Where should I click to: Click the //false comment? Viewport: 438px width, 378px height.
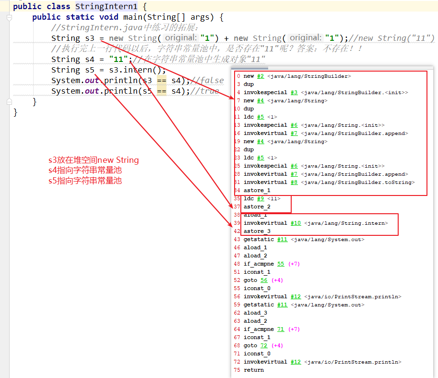pyautogui.click(x=209, y=80)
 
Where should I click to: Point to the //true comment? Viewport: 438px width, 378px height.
pyautogui.click(x=207, y=91)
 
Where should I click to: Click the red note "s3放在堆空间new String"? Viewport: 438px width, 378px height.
pyautogui.click(x=94, y=160)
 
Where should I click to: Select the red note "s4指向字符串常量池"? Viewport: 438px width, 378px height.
pyautogui.click(x=85, y=170)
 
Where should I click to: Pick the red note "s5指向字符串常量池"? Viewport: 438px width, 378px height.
pyautogui.click(x=85, y=181)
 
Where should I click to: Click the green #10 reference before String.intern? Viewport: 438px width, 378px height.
pyautogui.click(x=296, y=223)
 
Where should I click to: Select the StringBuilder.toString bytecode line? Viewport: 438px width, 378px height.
pyautogui.click(x=329, y=182)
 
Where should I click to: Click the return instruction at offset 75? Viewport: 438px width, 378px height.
pyautogui.click(x=253, y=370)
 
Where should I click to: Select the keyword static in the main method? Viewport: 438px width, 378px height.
pyautogui.click(x=81, y=17)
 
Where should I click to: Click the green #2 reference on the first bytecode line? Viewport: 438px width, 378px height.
pyautogui.click(x=260, y=76)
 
